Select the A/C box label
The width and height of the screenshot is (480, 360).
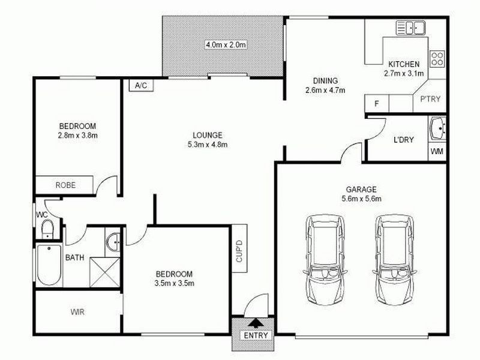[141, 86]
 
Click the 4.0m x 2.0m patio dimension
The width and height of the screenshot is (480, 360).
[226, 44]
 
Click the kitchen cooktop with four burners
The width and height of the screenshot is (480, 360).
[437, 58]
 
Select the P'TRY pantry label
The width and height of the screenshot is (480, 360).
[431, 99]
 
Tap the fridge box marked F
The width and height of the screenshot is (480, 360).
[377, 104]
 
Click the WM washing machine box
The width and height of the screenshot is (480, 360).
[437, 152]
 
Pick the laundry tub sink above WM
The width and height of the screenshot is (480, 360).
[438, 128]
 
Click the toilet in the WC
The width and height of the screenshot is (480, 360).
[46, 228]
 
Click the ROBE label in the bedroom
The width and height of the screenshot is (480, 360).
[65, 185]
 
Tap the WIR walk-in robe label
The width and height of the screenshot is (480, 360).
[77, 311]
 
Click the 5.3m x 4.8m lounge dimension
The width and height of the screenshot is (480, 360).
[208, 144]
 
